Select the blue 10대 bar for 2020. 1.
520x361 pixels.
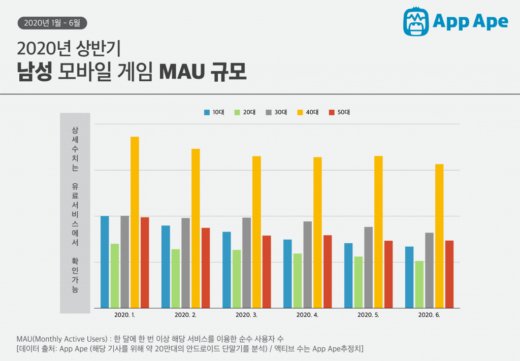coord(105,262)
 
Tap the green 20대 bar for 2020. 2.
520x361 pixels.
coord(175,278)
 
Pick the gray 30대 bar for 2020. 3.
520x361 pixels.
coord(246,262)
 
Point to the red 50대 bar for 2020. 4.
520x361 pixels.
coord(328,272)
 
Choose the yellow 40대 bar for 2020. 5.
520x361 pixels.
coord(378,232)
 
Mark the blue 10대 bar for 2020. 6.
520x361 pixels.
coord(409,277)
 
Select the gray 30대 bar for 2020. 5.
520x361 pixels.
coord(368,267)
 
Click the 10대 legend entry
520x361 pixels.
coord(214,112)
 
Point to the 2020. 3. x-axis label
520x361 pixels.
coord(246,315)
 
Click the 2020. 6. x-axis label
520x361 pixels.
coord(429,315)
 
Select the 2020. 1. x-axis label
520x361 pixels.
coord(124,315)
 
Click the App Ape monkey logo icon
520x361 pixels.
coord(415,21)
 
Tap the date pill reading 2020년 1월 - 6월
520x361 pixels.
coord(52,22)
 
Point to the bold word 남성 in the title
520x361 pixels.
coord(34,72)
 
